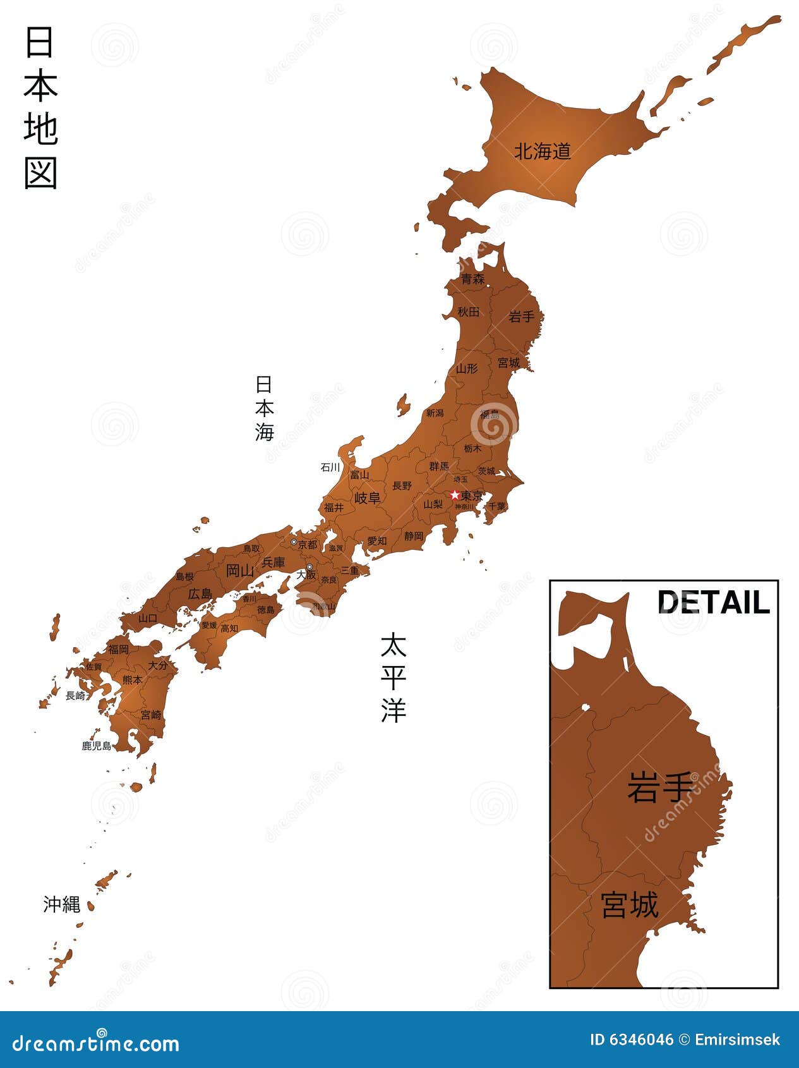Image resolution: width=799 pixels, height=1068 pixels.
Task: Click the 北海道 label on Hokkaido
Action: coord(542,152)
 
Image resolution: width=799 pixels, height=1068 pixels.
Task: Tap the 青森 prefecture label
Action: coord(472,279)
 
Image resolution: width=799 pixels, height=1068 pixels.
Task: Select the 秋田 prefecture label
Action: coord(468,312)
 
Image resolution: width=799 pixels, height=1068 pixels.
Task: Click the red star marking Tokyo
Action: coord(454,495)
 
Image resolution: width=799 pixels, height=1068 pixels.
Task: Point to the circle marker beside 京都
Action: coord(294,542)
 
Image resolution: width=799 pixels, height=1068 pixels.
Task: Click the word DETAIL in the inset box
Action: coord(714,602)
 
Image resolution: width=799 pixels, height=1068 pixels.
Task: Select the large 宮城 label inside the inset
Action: coord(630,904)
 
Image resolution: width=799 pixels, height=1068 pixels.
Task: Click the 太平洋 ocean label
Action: coord(393,677)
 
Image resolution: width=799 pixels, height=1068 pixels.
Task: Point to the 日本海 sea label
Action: coord(265,408)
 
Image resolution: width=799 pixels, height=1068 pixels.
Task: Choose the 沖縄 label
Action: coord(62,904)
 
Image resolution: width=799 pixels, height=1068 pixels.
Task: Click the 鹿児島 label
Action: coord(97,746)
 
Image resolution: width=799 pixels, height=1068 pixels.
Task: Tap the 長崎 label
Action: coord(75,696)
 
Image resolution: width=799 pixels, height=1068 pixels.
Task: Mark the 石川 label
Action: coord(330,468)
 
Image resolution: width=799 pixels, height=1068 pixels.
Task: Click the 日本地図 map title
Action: coord(41,107)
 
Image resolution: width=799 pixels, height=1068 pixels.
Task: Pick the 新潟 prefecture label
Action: coord(435,413)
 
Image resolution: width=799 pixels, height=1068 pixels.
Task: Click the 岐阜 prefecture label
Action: coord(367,498)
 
